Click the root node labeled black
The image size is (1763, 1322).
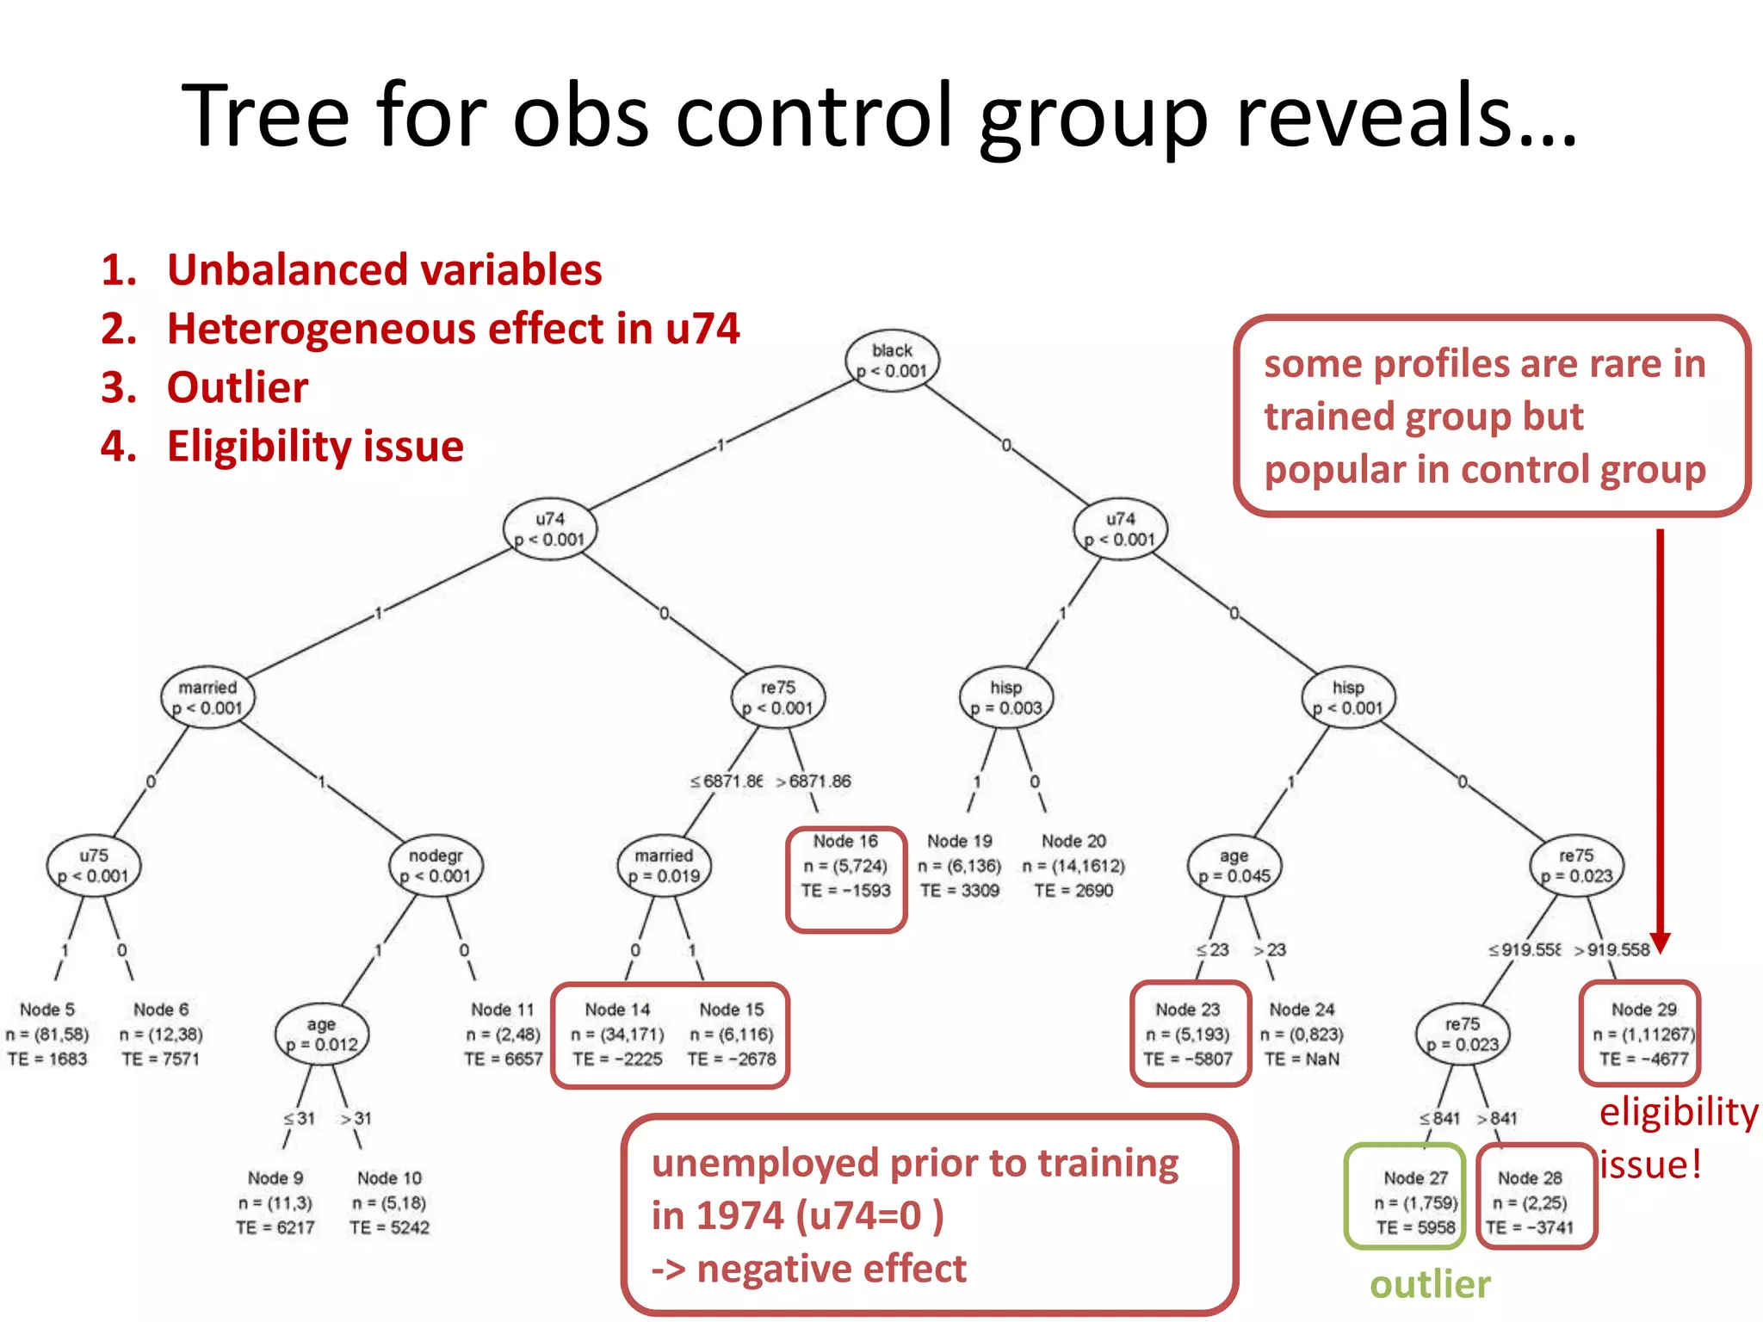(x=892, y=361)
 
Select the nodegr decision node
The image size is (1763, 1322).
(x=436, y=866)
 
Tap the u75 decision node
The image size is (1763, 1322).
(x=93, y=866)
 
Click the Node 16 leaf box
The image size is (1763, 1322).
(x=846, y=878)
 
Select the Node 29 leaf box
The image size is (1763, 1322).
(x=1640, y=1033)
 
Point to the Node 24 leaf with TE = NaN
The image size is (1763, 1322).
(x=1302, y=1034)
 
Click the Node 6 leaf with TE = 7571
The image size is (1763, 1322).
(x=161, y=1034)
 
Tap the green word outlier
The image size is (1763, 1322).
(x=1430, y=1285)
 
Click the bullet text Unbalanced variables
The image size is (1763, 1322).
(x=384, y=269)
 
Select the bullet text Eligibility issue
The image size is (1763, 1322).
(x=315, y=446)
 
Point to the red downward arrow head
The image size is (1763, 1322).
(x=1661, y=942)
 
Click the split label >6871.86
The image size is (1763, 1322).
(x=813, y=781)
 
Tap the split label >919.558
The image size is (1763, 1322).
(x=1611, y=949)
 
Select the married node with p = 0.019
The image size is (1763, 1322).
(x=664, y=866)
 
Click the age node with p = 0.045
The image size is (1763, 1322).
(x=1234, y=866)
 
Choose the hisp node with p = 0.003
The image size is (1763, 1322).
(x=1005, y=698)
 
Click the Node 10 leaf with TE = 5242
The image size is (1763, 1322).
(x=389, y=1202)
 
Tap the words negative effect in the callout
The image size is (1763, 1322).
(x=832, y=1269)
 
